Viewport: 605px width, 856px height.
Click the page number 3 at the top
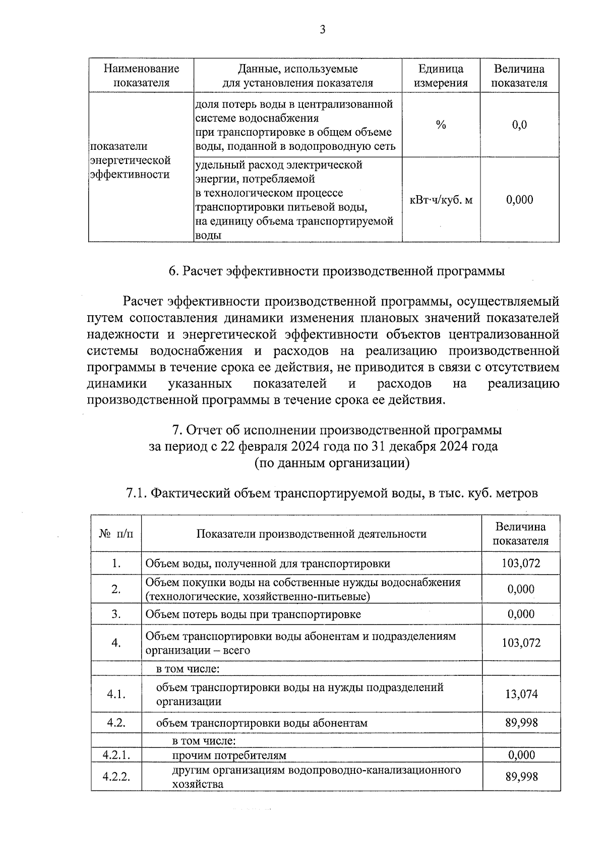click(x=323, y=30)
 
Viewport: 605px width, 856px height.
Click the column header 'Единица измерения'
click(x=441, y=76)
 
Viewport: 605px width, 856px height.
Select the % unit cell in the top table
click(x=441, y=125)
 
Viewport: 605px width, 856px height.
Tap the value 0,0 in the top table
click(x=519, y=125)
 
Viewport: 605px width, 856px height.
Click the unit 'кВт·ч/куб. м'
click(x=441, y=200)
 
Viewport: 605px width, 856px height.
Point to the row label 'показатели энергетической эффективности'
click(x=130, y=160)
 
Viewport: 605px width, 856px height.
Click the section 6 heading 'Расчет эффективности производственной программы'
click(x=337, y=271)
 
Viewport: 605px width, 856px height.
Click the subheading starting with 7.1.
click(x=331, y=493)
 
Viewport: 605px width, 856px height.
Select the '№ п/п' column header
click(x=116, y=534)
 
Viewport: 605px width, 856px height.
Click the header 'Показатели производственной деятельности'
click(x=311, y=534)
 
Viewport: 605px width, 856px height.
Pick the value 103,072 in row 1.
click(x=521, y=563)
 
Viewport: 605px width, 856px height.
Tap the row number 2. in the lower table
click(x=116, y=589)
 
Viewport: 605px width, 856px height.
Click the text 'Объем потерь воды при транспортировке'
click(x=253, y=614)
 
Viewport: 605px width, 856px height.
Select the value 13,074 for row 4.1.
click(x=521, y=694)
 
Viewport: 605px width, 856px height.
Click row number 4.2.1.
click(x=116, y=755)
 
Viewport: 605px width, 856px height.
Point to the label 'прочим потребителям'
click(x=229, y=755)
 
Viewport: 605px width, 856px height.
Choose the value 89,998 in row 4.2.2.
click(x=521, y=776)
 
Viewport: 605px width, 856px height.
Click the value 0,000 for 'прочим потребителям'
click(x=521, y=755)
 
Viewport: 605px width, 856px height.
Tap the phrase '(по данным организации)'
click(x=331, y=463)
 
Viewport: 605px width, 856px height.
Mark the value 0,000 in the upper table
click(x=519, y=200)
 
